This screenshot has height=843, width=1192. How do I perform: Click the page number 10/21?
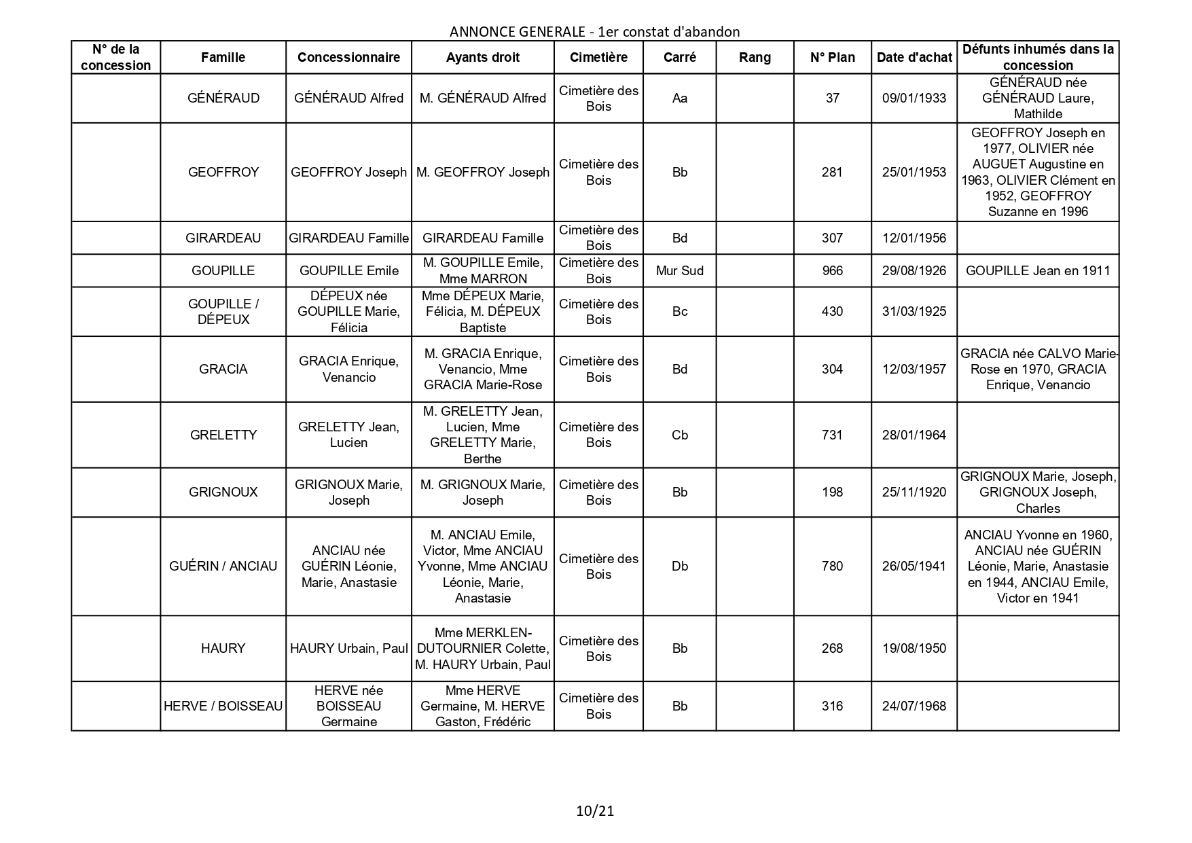(x=595, y=810)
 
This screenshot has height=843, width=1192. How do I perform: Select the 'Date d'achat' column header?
(x=914, y=58)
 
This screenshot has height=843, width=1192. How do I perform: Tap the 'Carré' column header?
(x=680, y=58)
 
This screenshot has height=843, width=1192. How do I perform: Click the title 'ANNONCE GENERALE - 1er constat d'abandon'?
(x=594, y=31)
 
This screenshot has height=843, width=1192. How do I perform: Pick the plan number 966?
(x=832, y=270)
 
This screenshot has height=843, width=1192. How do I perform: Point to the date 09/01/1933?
(x=914, y=98)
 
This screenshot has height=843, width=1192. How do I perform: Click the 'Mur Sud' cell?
(x=680, y=270)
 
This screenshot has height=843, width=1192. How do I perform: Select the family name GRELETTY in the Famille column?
(x=223, y=435)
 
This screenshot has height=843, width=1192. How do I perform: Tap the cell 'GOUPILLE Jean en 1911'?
(x=1038, y=270)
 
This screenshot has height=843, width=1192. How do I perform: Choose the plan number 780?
(x=832, y=566)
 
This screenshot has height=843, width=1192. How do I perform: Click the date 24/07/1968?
(x=914, y=706)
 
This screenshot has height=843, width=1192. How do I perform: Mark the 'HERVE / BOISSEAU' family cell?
(x=223, y=706)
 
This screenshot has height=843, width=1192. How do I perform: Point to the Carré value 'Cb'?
(x=680, y=435)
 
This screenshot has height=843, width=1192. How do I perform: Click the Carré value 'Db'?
(x=680, y=566)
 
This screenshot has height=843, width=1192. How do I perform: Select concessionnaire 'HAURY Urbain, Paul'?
(x=348, y=648)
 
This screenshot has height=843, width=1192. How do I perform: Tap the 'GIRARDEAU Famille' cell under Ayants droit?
(x=483, y=238)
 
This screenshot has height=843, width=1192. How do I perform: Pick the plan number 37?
(x=832, y=98)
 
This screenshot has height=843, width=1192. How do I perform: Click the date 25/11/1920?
(x=914, y=492)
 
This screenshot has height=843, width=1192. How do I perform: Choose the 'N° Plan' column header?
(x=832, y=58)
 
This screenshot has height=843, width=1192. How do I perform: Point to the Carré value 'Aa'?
(x=680, y=98)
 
